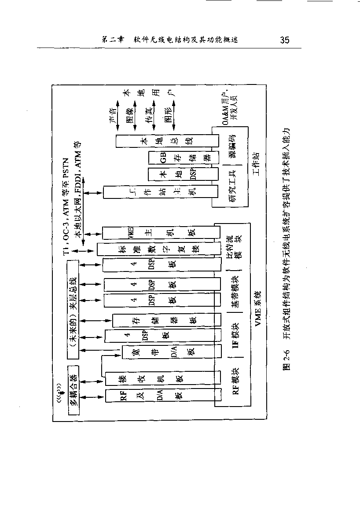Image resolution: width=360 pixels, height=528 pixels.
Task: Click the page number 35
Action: (284, 40)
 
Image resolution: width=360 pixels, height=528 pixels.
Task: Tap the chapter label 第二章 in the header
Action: (112, 40)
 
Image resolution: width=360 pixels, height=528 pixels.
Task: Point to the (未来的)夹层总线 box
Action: (73, 308)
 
